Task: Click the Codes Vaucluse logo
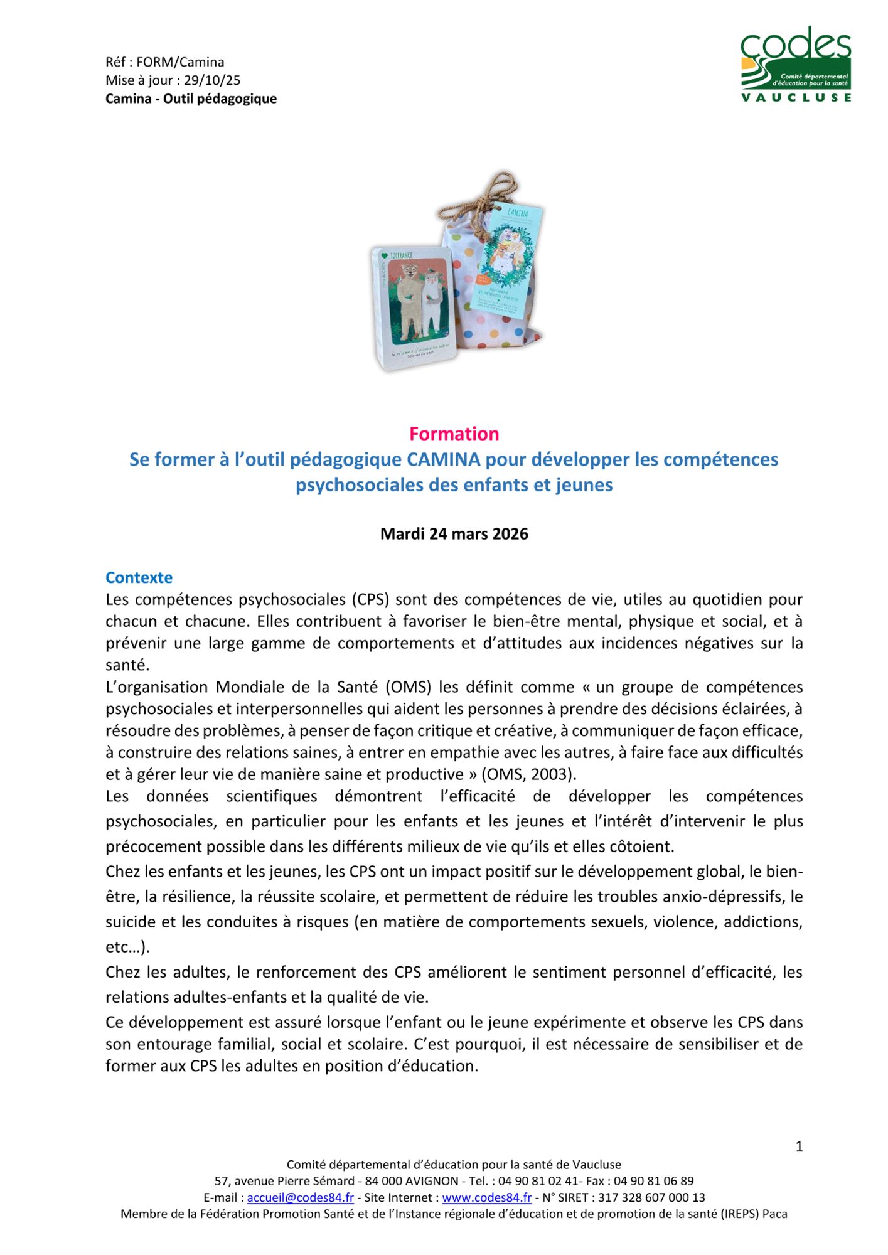pyautogui.click(x=795, y=64)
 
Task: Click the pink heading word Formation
pyautogui.click(x=454, y=434)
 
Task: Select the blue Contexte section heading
pyautogui.click(x=139, y=577)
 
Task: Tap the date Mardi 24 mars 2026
pyautogui.click(x=454, y=534)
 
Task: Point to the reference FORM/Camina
pyautogui.click(x=180, y=62)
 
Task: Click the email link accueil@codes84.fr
pyautogui.click(x=300, y=1197)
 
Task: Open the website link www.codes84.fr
pyautogui.click(x=486, y=1197)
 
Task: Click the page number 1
pyautogui.click(x=799, y=1146)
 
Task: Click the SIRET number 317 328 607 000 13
pyautogui.click(x=651, y=1197)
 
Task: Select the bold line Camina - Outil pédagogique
pyautogui.click(x=191, y=99)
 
